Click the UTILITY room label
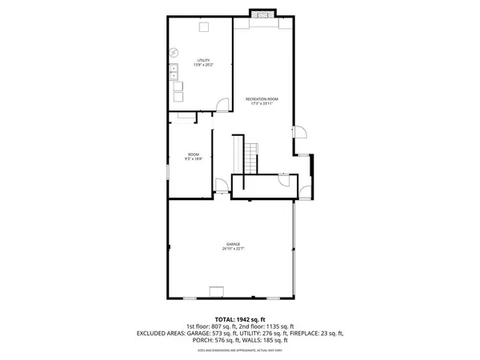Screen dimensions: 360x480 202,61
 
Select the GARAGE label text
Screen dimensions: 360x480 233,244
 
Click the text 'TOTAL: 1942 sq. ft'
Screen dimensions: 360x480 240,319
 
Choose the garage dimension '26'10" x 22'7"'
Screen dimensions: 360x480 233,249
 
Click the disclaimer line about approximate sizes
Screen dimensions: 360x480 240,350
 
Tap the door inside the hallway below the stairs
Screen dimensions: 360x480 283,180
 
